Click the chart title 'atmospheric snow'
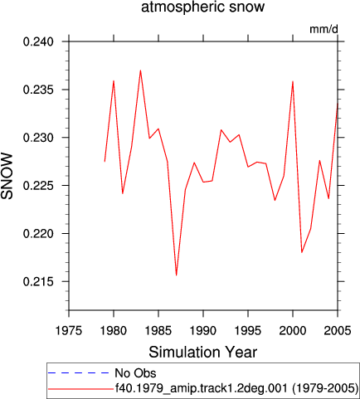click(202, 7)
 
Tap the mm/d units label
click(324, 29)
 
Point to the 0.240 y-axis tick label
click(38, 41)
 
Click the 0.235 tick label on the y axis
click(38, 90)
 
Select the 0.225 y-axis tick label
click(38, 186)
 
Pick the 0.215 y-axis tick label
click(38, 281)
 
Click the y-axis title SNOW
click(7, 176)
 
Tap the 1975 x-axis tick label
click(69, 330)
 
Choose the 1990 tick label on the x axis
click(203, 330)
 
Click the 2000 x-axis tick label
click(293, 330)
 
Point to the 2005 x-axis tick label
click(338, 330)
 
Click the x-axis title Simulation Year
click(203, 353)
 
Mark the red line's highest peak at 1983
click(140, 71)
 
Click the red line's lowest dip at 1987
click(176, 275)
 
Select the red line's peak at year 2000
click(293, 81)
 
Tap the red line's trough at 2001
click(302, 252)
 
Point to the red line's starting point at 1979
click(105, 162)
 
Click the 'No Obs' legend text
click(135, 373)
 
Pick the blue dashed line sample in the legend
click(79, 373)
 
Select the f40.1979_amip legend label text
click(236, 388)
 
